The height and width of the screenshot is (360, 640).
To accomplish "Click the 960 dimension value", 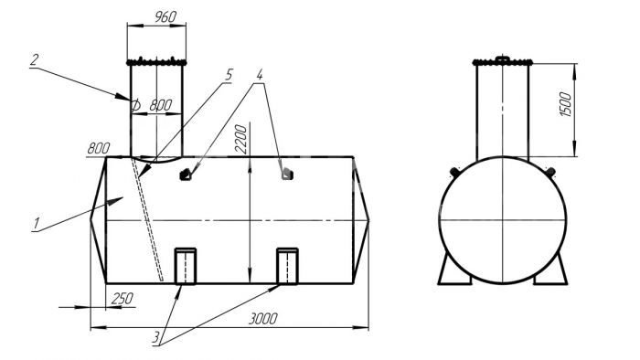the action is (165, 17).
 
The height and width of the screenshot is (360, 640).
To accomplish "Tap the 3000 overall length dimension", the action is (263, 318).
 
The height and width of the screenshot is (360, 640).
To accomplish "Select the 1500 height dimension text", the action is (565, 104).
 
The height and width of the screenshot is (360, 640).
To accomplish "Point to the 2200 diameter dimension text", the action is (241, 139).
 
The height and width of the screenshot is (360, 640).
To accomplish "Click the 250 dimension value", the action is (122, 299).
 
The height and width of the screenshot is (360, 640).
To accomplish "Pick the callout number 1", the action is (37, 224).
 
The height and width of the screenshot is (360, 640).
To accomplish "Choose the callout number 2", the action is (35, 60).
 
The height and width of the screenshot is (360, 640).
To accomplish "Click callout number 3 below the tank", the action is (156, 338).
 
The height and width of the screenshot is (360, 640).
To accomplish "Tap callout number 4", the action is (260, 74).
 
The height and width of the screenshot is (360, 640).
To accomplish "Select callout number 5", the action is (229, 75).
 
